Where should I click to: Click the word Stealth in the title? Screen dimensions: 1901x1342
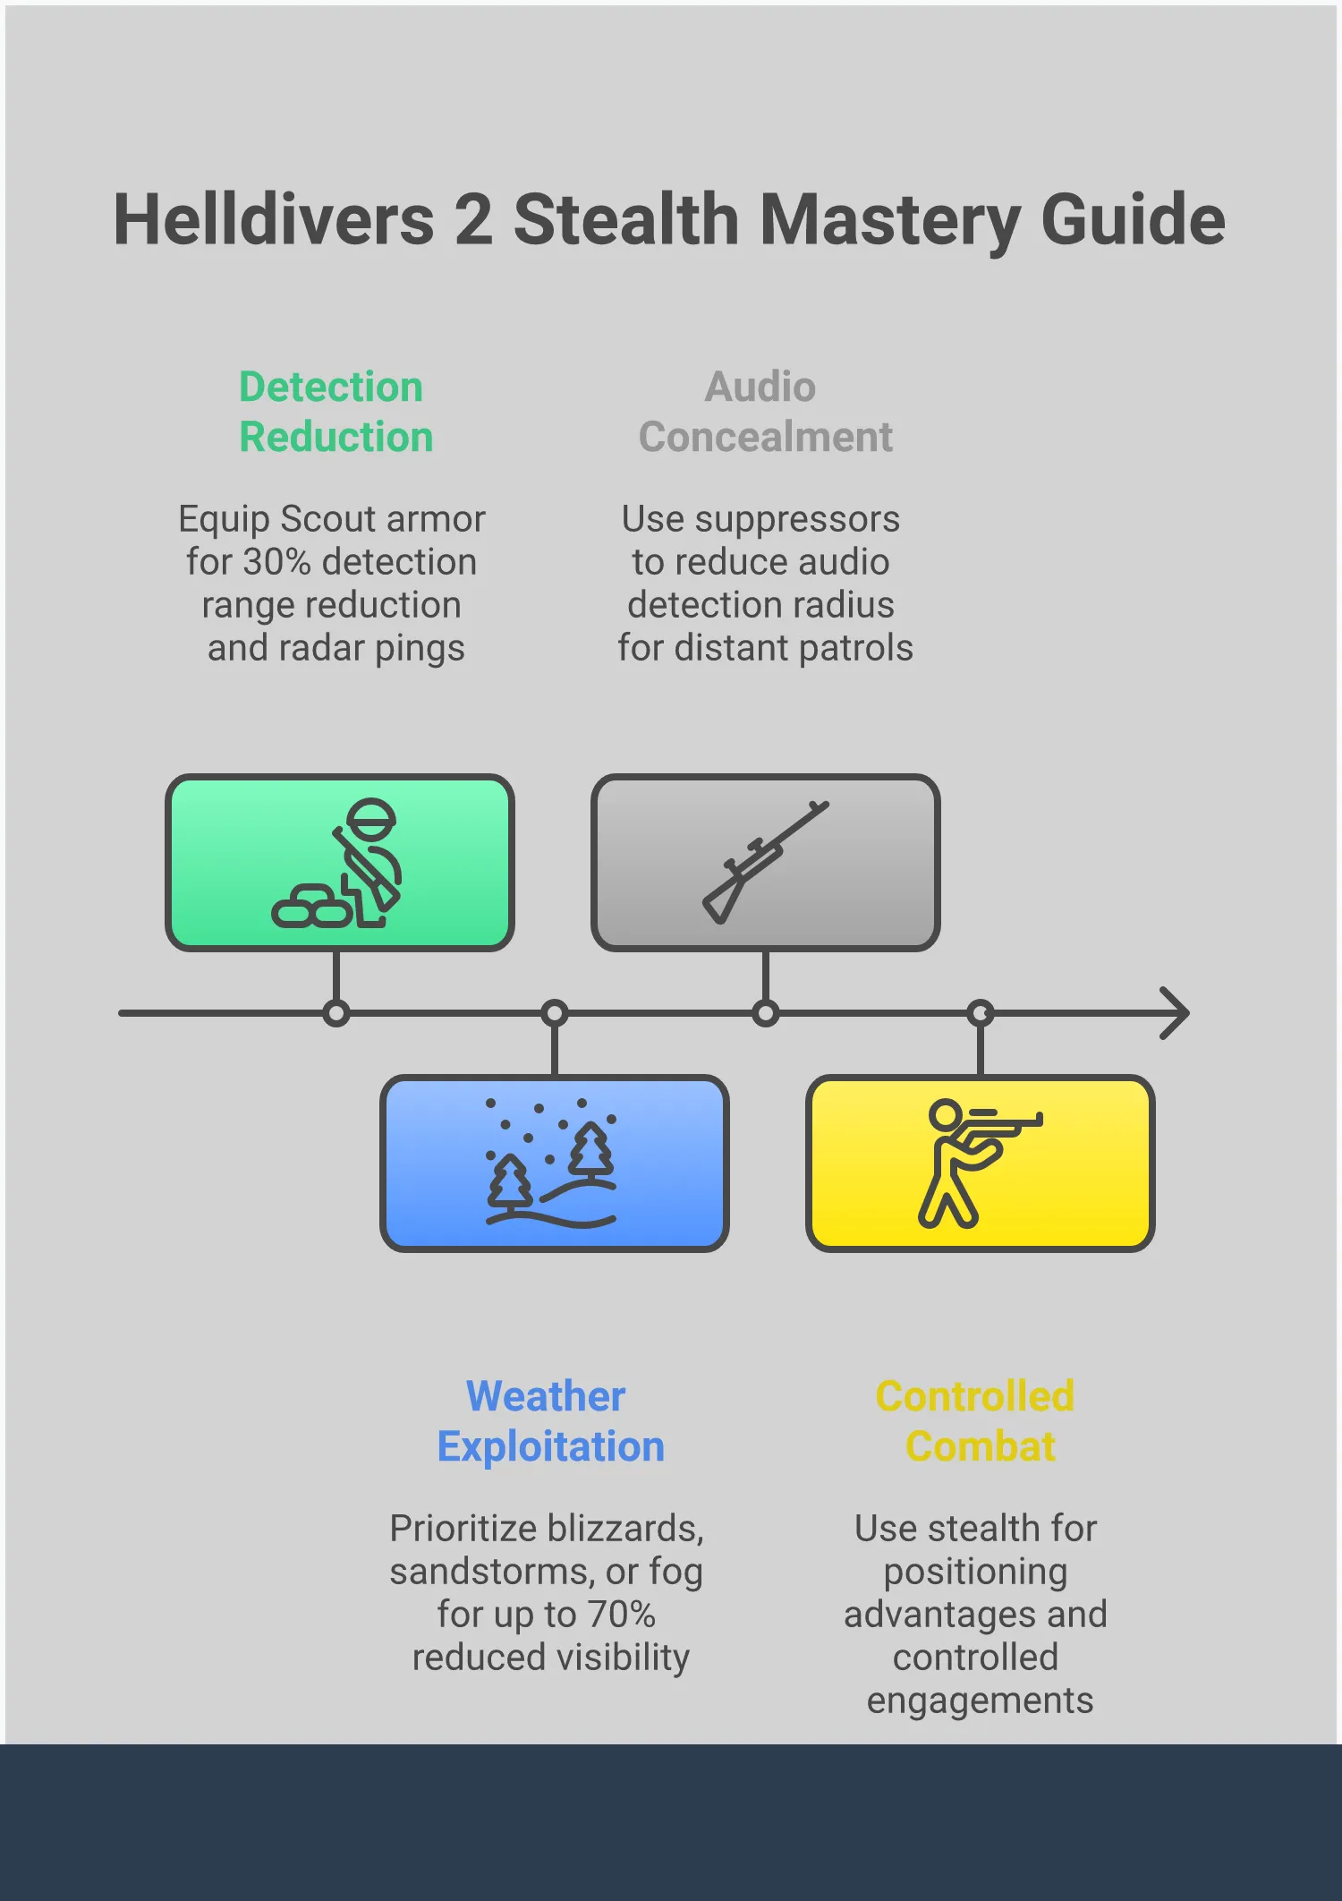[x=625, y=219]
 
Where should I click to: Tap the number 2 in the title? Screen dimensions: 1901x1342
[x=473, y=219]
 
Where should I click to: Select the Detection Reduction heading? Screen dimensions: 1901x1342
[x=335, y=412]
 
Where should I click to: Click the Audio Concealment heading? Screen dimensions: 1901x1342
[x=765, y=412]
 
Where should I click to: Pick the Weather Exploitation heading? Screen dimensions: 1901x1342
[x=550, y=1421]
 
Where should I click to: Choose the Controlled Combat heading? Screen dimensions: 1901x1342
[x=976, y=1421]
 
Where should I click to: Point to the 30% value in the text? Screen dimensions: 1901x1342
[x=276, y=562]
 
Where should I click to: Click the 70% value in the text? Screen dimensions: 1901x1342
[x=621, y=1615]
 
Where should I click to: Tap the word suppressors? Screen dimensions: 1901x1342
[x=797, y=519]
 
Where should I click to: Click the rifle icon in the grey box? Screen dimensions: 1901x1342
[x=765, y=862]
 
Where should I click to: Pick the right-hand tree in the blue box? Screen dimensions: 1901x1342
[x=591, y=1150]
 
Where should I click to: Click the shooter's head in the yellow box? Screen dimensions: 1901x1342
[x=945, y=1115]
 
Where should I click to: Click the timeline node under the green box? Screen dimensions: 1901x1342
[x=336, y=1013]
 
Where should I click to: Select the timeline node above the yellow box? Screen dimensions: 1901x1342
[x=981, y=1013]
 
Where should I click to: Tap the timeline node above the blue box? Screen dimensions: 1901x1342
[x=555, y=1013]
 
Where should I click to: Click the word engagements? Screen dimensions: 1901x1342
[x=980, y=1701]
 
